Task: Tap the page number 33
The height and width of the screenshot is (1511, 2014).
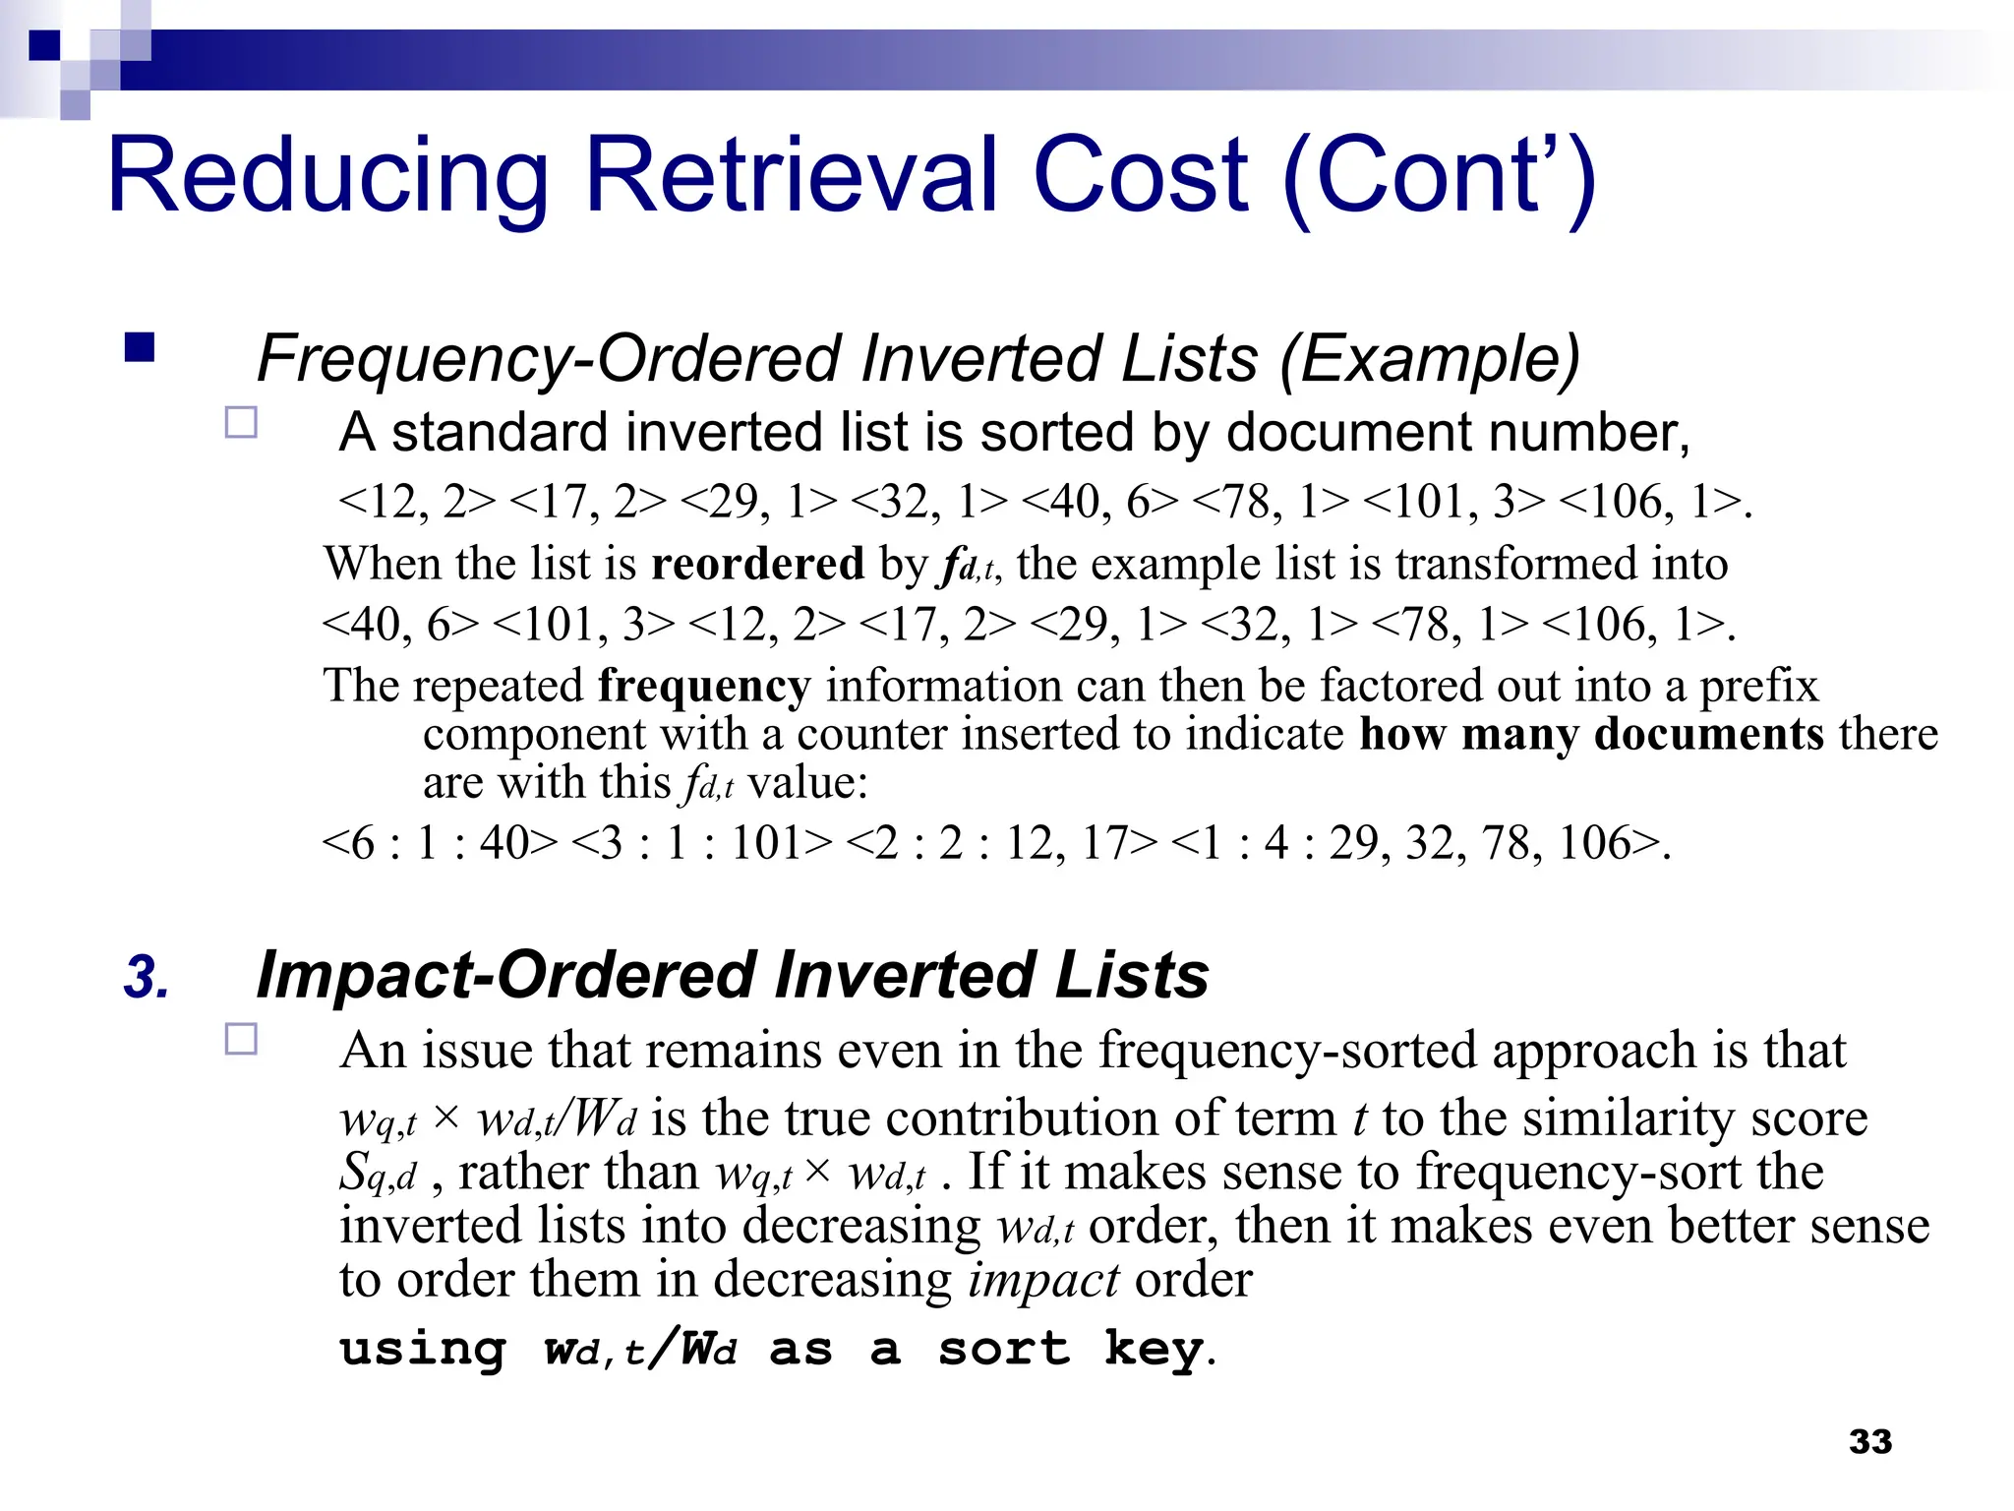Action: (x=1869, y=1441)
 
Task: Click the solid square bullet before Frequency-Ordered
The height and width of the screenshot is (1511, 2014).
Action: (x=141, y=349)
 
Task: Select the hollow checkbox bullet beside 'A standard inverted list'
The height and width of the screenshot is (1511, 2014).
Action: (x=241, y=423)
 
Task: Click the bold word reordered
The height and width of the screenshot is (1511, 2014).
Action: (x=757, y=564)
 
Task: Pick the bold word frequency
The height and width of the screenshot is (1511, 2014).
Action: (x=704, y=686)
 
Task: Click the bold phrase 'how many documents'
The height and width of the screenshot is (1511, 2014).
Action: (x=1591, y=735)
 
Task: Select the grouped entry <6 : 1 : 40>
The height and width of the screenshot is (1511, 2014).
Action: (x=440, y=843)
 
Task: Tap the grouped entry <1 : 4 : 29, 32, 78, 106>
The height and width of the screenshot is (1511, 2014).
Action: (x=1416, y=843)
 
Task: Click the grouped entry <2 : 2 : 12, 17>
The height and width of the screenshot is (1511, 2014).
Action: (x=1001, y=843)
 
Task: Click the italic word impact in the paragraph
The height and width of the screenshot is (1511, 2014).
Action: (x=1043, y=1280)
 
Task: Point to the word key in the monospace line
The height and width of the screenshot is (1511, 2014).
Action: (x=1153, y=1348)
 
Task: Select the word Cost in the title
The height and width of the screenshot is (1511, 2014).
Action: (x=1141, y=177)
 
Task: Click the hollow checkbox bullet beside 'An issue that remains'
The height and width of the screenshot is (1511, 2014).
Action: (x=241, y=1040)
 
